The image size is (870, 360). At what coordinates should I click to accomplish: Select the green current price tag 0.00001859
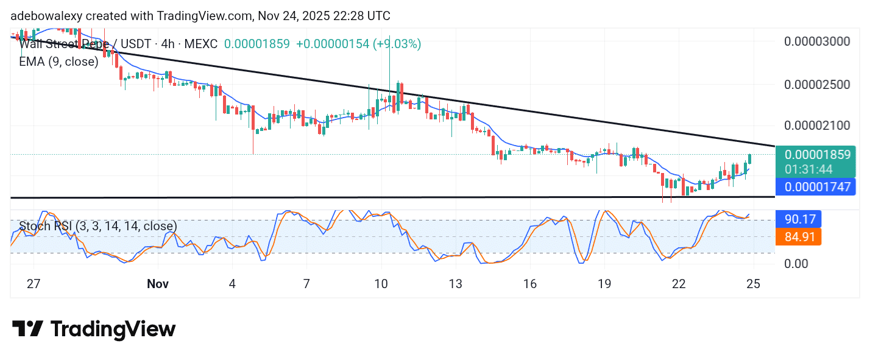pos(817,154)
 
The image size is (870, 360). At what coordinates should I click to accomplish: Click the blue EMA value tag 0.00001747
pos(817,187)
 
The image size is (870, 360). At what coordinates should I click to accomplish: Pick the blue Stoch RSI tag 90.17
pos(799,219)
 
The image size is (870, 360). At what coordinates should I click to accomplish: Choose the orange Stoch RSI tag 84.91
pos(799,236)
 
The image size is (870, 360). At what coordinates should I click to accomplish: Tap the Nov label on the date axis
pos(157,284)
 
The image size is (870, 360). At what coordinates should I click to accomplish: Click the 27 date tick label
pos(34,284)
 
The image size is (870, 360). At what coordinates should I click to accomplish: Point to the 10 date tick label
pos(381,284)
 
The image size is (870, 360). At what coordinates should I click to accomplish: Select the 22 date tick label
pos(679,284)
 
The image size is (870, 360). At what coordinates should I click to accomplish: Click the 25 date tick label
pos(753,284)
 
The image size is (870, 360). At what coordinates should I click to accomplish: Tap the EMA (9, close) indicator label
pos(58,62)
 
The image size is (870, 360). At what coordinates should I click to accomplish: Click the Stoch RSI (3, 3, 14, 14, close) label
pos(97,226)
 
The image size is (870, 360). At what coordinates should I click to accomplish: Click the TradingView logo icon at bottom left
pos(27,330)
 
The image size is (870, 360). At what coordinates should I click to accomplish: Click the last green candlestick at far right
pos(749,158)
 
